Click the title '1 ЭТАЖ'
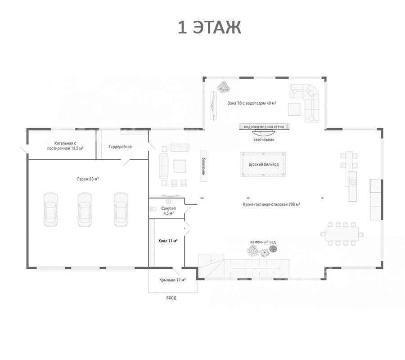pyautogui.click(x=209, y=27)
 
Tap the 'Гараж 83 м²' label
pyautogui.click(x=88, y=179)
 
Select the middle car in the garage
pyautogui.click(x=85, y=209)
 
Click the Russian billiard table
pyautogui.click(x=263, y=164)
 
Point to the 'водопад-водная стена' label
pyautogui.click(x=264, y=127)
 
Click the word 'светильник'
pyautogui.click(x=264, y=139)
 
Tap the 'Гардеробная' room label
pyautogui.click(x=120, y=147)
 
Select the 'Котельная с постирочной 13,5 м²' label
pyautogui.click(x=65, y=146)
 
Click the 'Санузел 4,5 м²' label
pyautogui.click(x=168, y=211)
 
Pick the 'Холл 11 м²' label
pyautogui.click(x=168, y=241)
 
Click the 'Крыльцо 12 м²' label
pyautogui.click(x=172, y=280)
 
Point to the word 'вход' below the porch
pyautogui.click(x=171, y=298)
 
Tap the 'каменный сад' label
pyautogui.click(x=263, y=242)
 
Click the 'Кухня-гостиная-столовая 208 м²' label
pyautogui.click(x=271, y=204)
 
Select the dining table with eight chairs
pyautogui.click(x=342, y=234)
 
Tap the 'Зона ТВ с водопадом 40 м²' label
pyautogui.click(x=252, y=103)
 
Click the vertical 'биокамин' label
pyautogui.click(x=203, y=166)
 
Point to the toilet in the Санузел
pyautogui.click(x=153, y=209)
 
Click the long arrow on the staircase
pyautogui.click(x=256, y=269)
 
